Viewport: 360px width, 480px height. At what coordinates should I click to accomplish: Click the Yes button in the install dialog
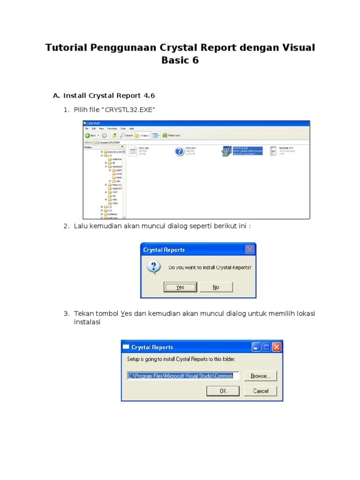coord(180,287)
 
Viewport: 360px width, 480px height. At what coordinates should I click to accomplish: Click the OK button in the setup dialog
coord(223,391)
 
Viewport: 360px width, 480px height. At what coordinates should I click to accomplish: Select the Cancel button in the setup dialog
coord(261,391)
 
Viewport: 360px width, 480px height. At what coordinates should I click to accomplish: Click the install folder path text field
coord(183,376)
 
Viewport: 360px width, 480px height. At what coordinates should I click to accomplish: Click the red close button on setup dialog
coord(277,347)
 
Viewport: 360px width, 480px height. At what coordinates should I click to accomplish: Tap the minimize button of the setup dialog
coord(256,347)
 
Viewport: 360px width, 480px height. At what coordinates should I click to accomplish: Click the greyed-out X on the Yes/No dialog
coord(250,249)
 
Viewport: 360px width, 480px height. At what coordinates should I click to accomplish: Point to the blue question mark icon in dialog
coord(153,268)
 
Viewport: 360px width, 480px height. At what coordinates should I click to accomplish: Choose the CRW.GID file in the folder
coord(133,151)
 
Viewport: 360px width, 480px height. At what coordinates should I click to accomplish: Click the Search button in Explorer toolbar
coord(127,135)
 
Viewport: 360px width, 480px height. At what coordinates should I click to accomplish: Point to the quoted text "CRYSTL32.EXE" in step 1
coord(129,110)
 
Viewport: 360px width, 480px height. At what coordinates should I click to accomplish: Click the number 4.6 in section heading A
coord(149,96)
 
